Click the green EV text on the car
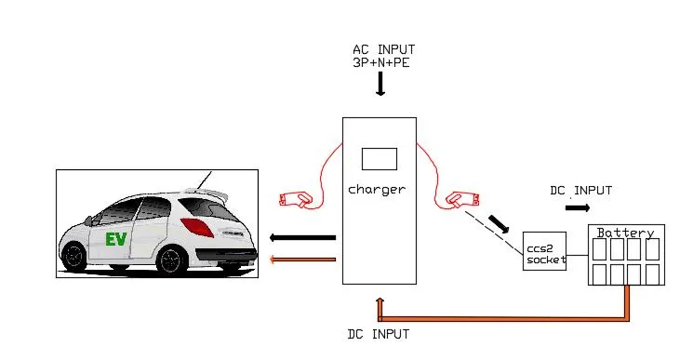[x=115, y=239]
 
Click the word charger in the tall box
[x=378, y=190]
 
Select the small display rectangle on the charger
[x=380, y=158]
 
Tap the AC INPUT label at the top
[x=383, y=49]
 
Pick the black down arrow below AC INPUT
[x=380, y=85]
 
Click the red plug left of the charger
[x=296, y=198]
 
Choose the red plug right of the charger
[x=461, y=198]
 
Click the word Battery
[x=625, y=233]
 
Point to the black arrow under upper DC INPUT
[x=577, y=207]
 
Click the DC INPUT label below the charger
[x=377, y=332]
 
